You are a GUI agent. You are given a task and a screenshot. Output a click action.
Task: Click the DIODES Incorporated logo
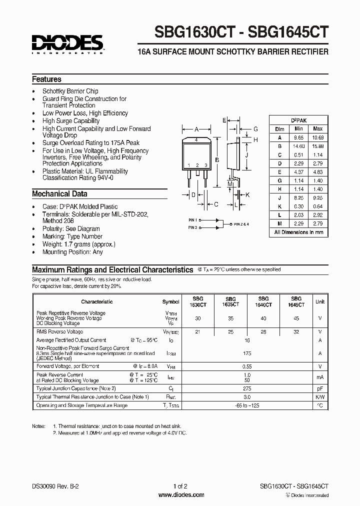click(x=67, y=43)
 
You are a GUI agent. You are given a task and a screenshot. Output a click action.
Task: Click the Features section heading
click(x=46, y=79)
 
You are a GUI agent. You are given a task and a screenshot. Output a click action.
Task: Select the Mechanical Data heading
click(x=59, y=193)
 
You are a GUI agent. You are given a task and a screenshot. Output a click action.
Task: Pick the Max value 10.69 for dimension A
click(x=317, y=137)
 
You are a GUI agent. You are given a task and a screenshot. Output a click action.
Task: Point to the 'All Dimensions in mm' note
click(x=299, y=232)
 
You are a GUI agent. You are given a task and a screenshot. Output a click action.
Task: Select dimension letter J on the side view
click(x=246, y=155)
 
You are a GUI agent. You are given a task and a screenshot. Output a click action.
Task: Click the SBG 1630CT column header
click(x=197, y=301)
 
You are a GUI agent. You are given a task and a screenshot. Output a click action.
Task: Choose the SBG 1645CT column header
click(x=296, y=301)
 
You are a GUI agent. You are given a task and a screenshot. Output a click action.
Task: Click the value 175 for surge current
click(x=246, y=353)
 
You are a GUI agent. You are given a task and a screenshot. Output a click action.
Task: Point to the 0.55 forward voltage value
click(x=246, y=366)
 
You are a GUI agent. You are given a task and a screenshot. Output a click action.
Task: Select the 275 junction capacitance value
click(x=246, y=388)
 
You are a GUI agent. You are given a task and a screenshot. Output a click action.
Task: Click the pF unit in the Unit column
click(x=319, y=388)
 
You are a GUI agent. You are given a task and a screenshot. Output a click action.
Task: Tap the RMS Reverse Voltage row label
click(x=59, y=331)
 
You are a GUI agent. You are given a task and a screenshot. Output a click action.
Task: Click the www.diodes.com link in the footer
click(x=180, y=495)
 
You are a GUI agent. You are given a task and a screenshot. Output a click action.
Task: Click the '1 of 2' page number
click(x=180, y=486)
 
